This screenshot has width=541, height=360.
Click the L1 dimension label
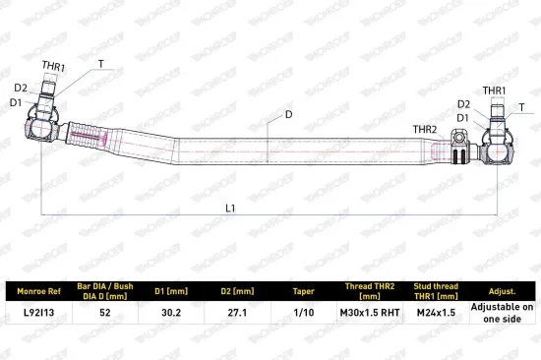pyautogui.click(x=230, y=209)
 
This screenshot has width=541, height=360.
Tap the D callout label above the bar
pyautogui.click(x=289, y=114)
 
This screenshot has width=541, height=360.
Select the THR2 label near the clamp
pyautogui.click(x=425, y=130)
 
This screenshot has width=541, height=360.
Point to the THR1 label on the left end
pyautogui.click(x=53, y=66)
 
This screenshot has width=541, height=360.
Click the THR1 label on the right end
pyautogui.click(x=494, y=90)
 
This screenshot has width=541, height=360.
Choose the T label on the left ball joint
pyautogui.click(x=100, y=64)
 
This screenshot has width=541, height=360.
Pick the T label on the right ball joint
pyautogui.click(x=521, y=107)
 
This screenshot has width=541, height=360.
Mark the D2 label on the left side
pyautogui.click(x=21, y=88)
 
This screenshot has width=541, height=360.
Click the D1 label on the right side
pyautogui.click(x=462, y=118)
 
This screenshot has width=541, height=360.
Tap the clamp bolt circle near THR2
pyautogui.click(x=458, y=138)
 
